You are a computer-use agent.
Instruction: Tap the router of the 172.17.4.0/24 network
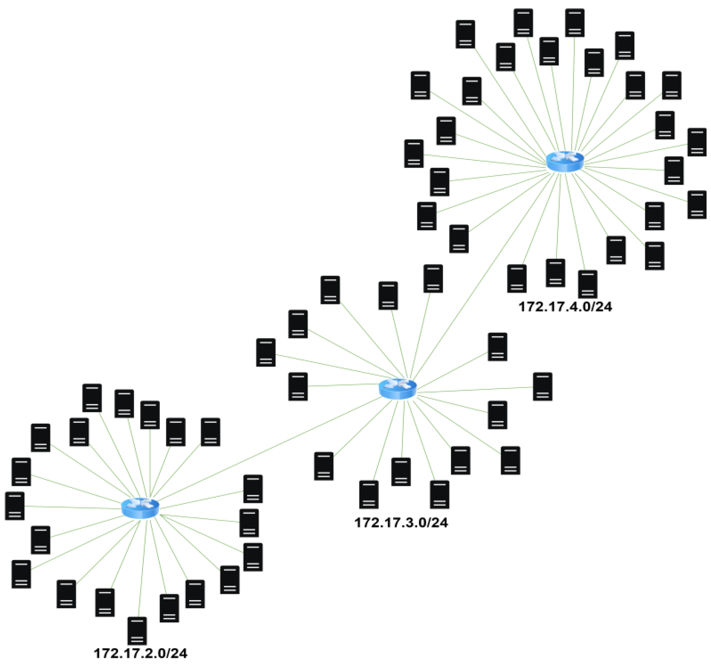coord(565,161)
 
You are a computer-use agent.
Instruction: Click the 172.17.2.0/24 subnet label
coord(140,653)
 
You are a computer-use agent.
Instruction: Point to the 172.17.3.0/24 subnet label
coord(401,523)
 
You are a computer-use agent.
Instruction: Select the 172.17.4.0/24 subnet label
coord(565,306)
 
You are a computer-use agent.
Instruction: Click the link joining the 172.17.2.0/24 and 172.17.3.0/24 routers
coord(268,449)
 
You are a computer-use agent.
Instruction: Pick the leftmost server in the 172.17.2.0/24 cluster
coord(15,506)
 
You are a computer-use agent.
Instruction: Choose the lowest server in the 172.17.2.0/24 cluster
coord(137,631)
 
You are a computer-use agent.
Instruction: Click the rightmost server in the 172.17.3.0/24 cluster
coord(542,386)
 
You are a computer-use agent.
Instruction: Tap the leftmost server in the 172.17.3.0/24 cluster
coord(266,352)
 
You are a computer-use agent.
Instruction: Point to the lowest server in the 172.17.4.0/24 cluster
coord(588,284)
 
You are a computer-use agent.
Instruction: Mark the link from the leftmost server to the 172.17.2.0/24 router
coord(71,507)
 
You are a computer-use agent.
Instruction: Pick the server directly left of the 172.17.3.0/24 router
coord(298,386)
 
